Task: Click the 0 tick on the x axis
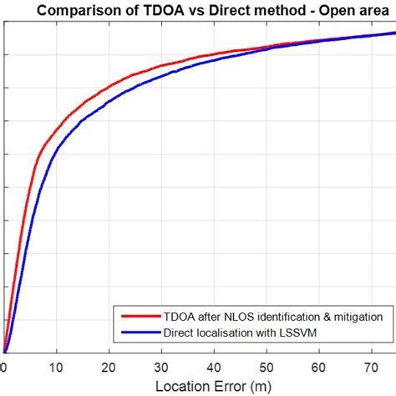click(3, 364)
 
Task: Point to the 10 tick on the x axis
click(56, 364)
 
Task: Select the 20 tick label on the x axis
click(109, 364)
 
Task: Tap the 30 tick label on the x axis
click(161, 364)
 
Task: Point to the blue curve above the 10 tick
click(56, 150)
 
